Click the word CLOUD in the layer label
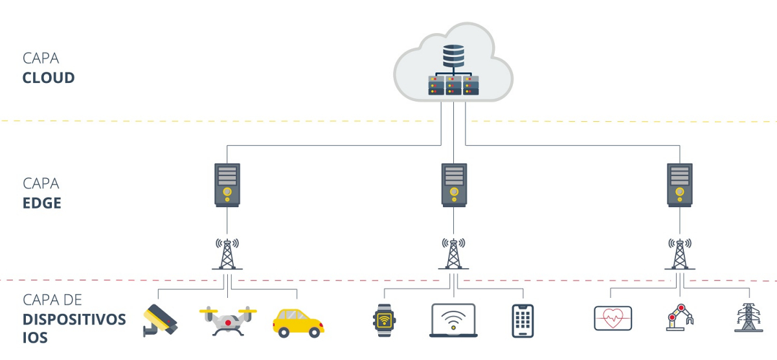(x=49, y=78)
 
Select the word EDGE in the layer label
(x=42, y=203)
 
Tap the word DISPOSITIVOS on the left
(x=74, y=319)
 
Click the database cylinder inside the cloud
(x=453, y=55)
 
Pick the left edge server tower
(x=227, y=185)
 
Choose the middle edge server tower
(x=454, y=185)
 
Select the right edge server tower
(x=680, y=185)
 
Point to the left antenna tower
(x=227, y=254)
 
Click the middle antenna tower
(x=453, y=254)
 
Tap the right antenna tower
(x=679, y=254)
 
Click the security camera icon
(x=159, y=320)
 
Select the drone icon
(x=228, y=321)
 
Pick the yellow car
(x=298, y=322)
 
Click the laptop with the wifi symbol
(x=453, y=320)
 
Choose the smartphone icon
(x=523, y=321)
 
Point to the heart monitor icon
(x=613, y=319)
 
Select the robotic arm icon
(x=679, y=319)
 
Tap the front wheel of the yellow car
(x=315, y=332)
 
